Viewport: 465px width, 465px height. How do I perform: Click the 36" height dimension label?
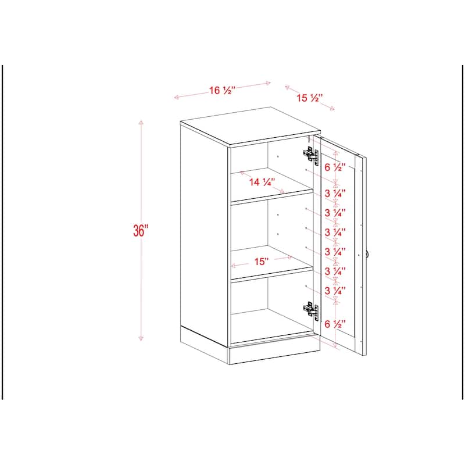141,230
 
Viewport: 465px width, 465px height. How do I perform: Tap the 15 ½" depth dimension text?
310,98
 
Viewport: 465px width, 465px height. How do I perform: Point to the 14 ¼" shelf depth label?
262,182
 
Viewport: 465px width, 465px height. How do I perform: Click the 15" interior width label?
261,262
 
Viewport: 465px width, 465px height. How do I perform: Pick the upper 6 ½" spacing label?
335,167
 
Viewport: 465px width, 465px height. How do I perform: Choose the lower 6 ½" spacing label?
335,323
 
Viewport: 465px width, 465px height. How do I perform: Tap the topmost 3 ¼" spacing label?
335,192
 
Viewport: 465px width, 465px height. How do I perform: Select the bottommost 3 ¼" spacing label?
335,290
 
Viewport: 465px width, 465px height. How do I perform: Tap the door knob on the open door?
367,255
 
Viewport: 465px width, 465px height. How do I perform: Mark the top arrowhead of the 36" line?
140,122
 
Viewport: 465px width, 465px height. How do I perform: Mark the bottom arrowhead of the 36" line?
140,339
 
